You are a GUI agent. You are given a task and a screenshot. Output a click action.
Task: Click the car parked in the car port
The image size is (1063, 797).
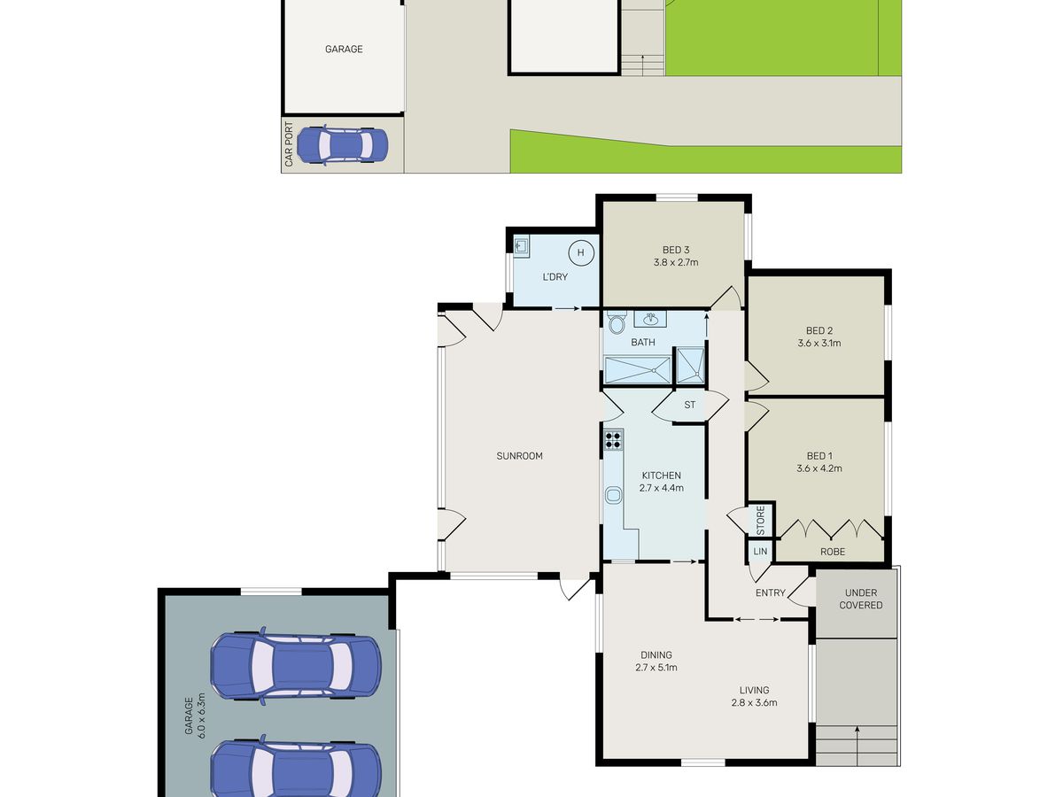[x=342, y=144]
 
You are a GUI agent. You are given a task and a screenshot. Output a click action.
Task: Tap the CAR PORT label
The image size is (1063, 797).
[x=289, y=144]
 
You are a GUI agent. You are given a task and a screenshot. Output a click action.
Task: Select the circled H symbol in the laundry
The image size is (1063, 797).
[x=580, y=252]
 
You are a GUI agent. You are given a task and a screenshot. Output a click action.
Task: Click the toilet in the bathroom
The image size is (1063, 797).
[x=617, y=322]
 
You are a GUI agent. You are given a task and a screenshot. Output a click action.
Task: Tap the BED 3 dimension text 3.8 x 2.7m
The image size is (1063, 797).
[x=676, y=263]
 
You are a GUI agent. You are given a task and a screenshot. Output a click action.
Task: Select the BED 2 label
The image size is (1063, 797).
[x=819, y=330]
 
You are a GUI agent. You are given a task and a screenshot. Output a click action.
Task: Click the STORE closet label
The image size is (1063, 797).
[x=761, y=520]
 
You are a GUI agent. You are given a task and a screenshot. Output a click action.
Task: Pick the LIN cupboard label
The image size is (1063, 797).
[x=760, y=551]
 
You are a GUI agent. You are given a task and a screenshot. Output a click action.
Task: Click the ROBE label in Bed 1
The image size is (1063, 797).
[x=833, y=552]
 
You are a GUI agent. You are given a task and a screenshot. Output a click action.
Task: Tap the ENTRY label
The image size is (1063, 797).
[x=771, y=592]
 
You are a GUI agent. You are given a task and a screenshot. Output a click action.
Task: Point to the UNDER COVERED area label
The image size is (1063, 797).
[x=860, y=599]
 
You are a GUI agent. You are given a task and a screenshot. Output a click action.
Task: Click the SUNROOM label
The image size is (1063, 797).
[x=519, y=456]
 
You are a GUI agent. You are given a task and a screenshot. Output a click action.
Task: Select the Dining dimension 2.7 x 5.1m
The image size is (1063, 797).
[x=656, y=668]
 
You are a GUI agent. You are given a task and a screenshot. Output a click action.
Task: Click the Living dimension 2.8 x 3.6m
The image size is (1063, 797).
[x=754, y=702]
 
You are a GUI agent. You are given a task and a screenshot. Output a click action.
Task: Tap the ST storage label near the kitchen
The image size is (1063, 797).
[x=689, y=405]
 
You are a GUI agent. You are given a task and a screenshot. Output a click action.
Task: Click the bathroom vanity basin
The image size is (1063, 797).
[x=650, y=319]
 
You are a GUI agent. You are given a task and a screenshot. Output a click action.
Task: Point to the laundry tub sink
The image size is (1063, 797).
[x=521, y=245]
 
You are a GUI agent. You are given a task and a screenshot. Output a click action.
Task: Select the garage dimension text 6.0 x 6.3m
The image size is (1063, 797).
[x=201, y=715]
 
